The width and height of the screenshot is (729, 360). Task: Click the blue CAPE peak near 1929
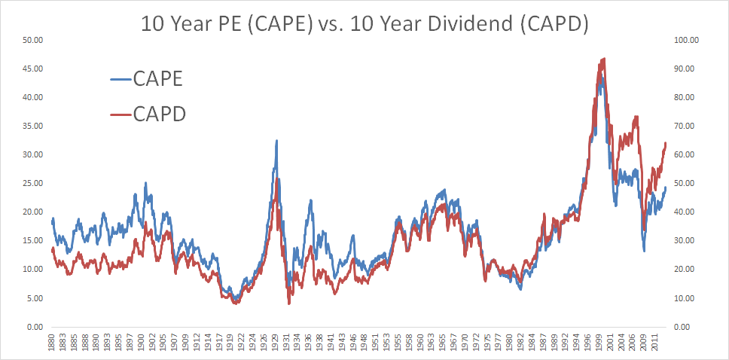pos(276,141)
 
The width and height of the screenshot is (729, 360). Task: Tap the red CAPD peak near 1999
pos(602,59)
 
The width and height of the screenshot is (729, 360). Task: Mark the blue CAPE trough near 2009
pos(644,250)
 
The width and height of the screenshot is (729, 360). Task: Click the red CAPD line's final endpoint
pos(666,143)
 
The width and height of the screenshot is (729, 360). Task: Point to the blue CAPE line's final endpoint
pos(666,187)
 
